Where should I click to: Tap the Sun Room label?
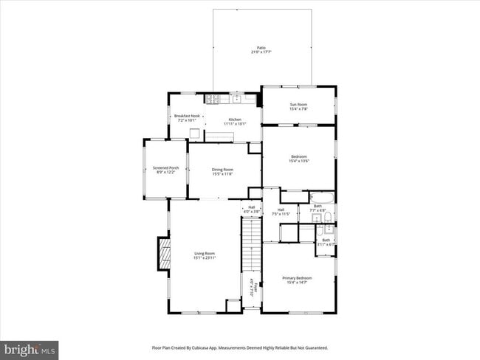[x=298, y=107]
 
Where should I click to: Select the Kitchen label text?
[x=234, y=121]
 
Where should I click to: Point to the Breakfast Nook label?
[x=187, y=118]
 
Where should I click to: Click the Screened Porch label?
[x=165, y=170]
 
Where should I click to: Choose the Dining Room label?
[x=222, y=172]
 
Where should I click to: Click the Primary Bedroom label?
[x=298, y=280]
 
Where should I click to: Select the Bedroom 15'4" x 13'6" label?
[x=298, y=159]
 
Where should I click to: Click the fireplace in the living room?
[x=163, y=254]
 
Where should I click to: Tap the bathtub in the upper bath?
[x=322, y=198]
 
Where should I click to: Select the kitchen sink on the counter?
[x=237, y=98]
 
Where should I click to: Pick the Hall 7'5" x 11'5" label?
[x=281, y=212]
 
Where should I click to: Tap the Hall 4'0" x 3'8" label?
[x=252, y=209]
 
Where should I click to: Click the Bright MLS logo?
[x=30, y=347]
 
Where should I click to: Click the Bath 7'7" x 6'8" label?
[x=318, y=208]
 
